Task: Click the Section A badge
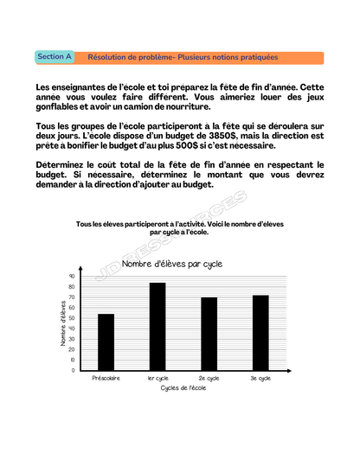tap(54, 56)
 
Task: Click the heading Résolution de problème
tap(183, 57)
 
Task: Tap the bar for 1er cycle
tap(157, 326)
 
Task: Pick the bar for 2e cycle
tap(209, 334)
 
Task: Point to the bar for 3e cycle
tap(260, 333)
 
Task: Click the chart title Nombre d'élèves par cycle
tap(177, 263)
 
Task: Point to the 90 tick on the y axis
tap(71, 276)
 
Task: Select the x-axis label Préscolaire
tap(106, 379)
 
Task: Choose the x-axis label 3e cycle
tap(260, 379)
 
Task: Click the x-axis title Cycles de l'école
tap(183, 388)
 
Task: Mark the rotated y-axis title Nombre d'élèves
tap(63, 323)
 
